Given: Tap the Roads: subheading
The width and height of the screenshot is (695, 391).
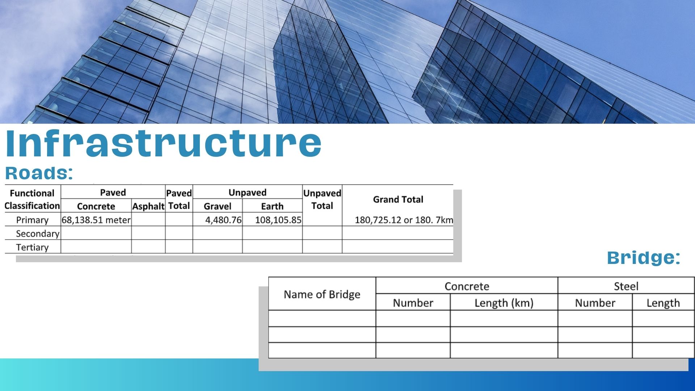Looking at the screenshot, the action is pos(39,173).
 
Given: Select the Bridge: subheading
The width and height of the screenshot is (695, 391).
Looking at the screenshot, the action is pos(644,257).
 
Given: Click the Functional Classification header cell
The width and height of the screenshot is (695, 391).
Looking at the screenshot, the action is pos(32,199).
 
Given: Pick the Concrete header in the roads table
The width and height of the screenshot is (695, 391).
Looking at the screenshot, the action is pos(96,206).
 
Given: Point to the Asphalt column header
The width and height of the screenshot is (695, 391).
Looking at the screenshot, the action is pos(148,206).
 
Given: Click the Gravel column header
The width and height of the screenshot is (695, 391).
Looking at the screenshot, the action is pos(218,206).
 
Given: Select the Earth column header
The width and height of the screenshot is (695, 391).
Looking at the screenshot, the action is pos(272,206).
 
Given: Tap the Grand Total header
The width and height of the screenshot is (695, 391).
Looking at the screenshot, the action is pos(398,199).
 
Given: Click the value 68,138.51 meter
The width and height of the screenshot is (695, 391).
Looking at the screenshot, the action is pos(96,220).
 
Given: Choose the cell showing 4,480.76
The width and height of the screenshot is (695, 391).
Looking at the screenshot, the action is pos(223,220).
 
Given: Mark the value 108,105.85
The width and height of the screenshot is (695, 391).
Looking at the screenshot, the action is pos(278,220).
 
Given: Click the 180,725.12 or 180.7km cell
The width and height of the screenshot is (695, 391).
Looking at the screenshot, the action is pos(404,220).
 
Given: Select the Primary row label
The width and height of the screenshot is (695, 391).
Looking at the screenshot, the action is pos(32,220).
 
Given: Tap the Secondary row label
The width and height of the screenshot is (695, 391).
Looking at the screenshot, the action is pos(38,234).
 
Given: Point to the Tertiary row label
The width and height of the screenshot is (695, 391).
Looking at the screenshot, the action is pos(32,248).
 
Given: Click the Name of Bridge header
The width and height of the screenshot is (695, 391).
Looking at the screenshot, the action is pos(322,294).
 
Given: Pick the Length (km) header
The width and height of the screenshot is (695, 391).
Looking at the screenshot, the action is pos(504,303).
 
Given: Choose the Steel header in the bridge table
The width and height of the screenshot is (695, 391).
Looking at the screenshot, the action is pos(626,286).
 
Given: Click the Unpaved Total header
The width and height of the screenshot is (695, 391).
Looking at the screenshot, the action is pos(322,199).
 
